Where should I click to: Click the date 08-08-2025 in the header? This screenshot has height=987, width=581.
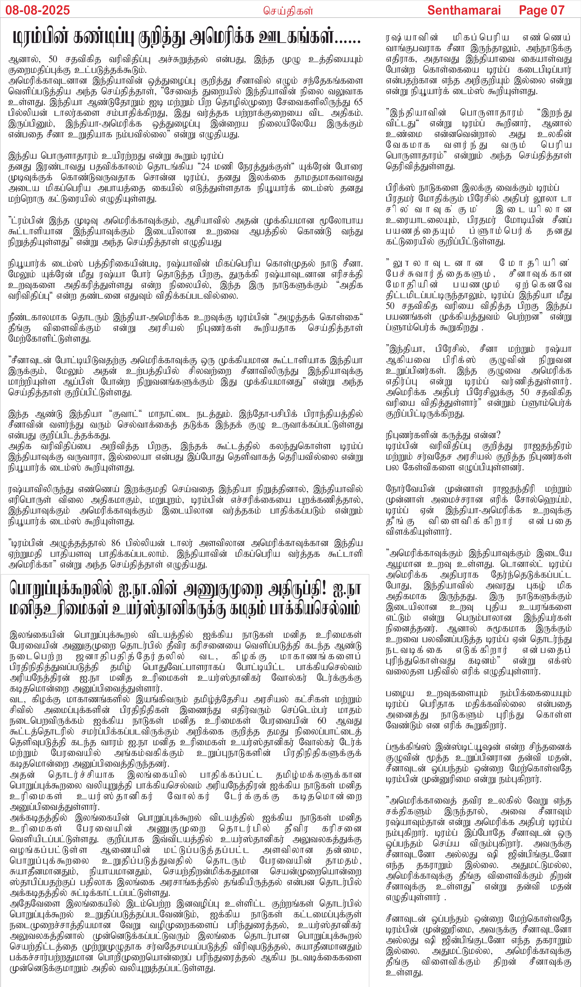coord(38,10)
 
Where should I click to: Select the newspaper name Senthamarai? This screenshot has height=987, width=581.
coord(464,10)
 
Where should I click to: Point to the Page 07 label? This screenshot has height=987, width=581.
coord(541,10)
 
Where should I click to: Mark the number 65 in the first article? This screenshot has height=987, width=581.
coord(358,102)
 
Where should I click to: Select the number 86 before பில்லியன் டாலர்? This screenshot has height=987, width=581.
coord(116,543)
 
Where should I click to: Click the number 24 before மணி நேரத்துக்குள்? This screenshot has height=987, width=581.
coord(205,166)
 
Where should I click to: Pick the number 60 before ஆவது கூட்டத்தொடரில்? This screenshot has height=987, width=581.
coord(322,721)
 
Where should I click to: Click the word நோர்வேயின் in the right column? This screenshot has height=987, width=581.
coord(410,489)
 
